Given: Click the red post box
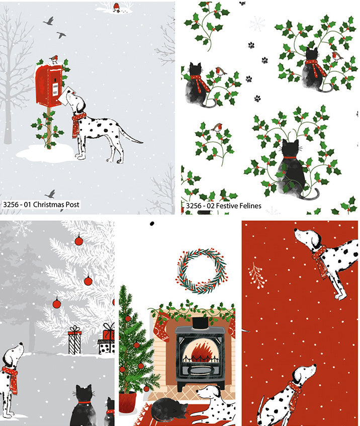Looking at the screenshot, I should tap(49, 85).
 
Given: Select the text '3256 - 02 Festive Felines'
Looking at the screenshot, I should tap(224, 206).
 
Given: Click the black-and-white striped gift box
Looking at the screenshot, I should tap(74, 342).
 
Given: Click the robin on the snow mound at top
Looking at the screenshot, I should tap(116, 6).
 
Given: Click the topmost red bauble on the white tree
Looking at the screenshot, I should tap(78, 241).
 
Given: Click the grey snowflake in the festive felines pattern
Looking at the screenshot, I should tap(257, 23).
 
